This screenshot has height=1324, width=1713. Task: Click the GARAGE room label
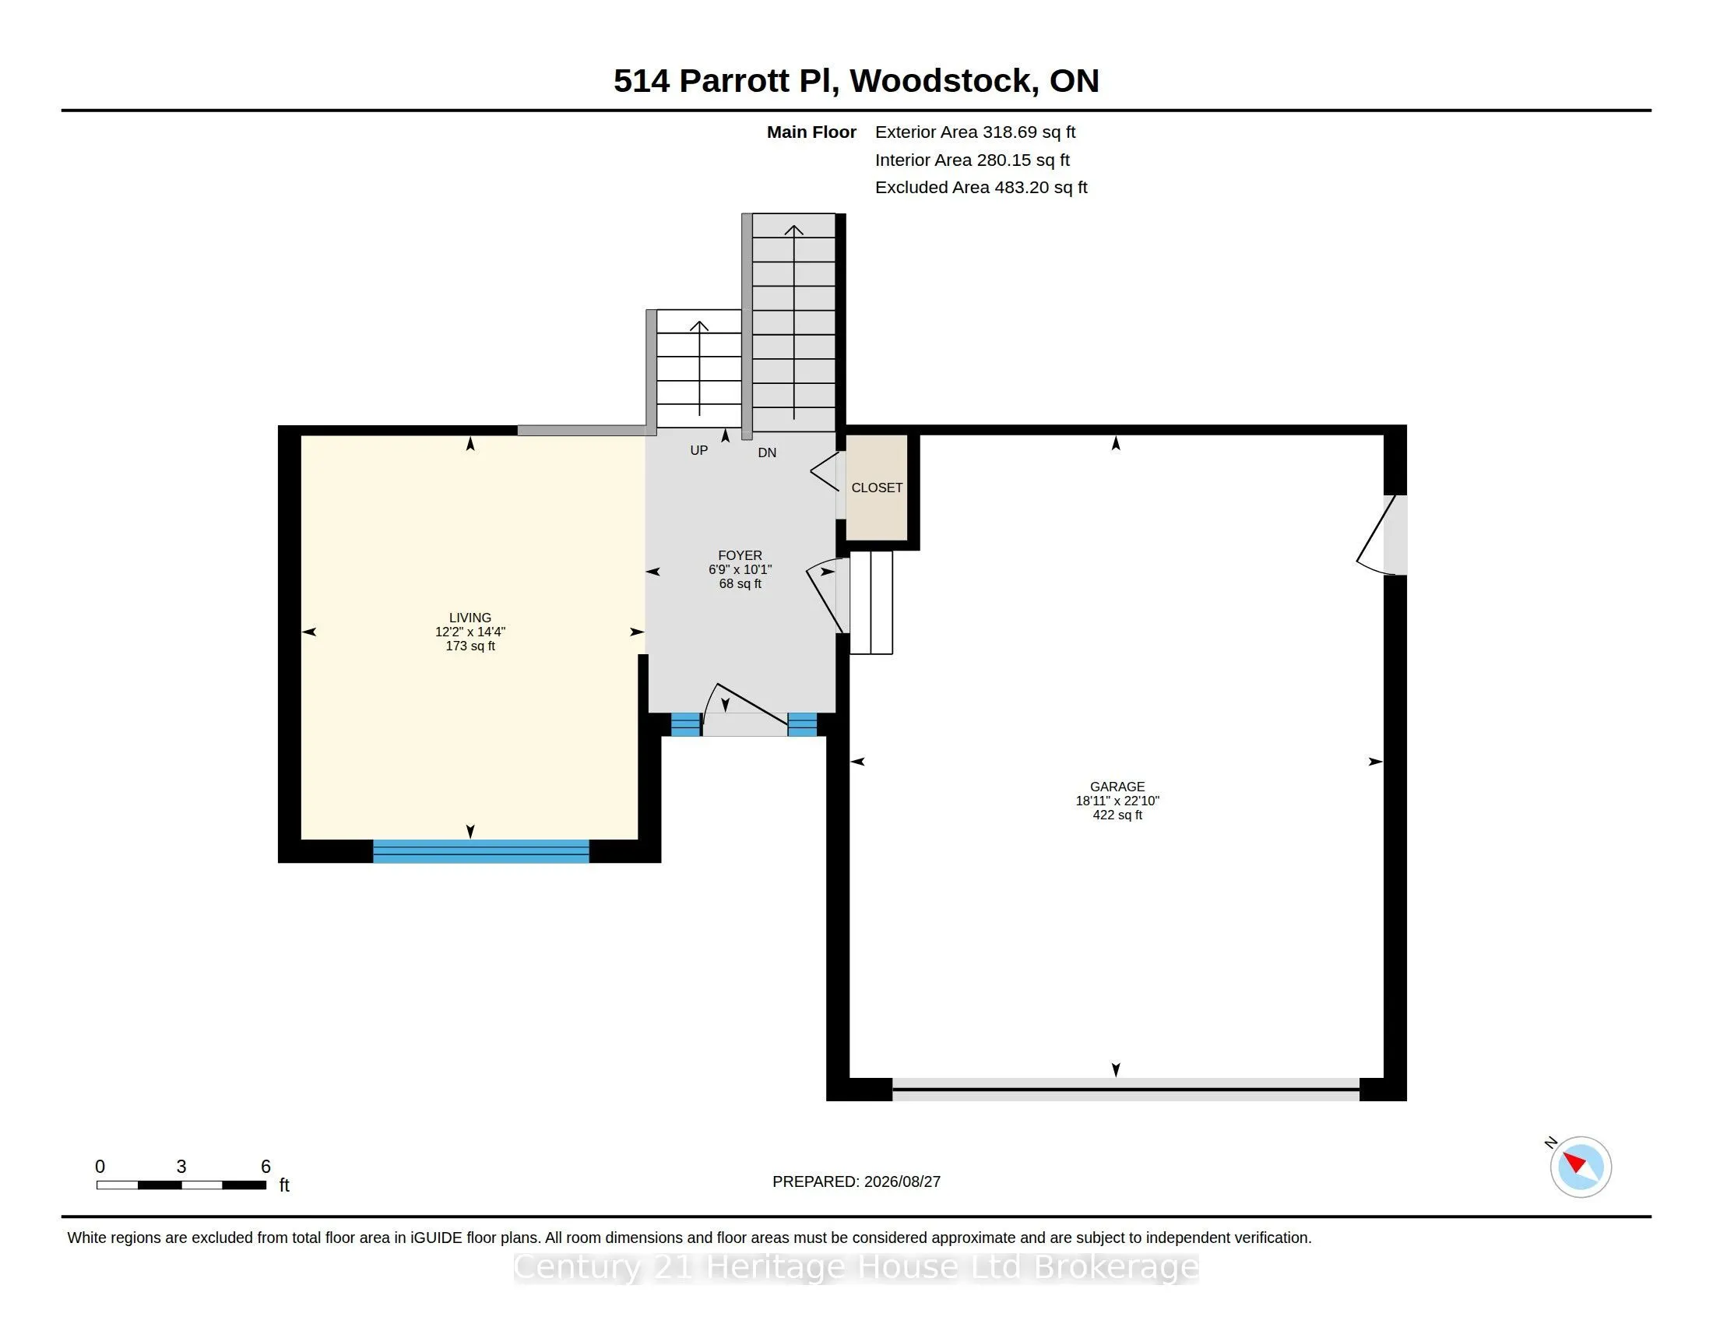[x=1117, y=787]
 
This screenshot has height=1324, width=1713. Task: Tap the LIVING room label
[x=470, y=618]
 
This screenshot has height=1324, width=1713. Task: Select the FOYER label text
[x=740, y=555]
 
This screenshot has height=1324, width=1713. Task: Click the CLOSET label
[x=877, y=488]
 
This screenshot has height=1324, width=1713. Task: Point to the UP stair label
[x=699, y=450]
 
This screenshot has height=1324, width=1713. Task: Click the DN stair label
[x=767, y=452]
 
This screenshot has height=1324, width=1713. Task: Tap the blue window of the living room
[x=480, y=851]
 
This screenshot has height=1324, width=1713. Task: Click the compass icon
[x=1581, y=1167]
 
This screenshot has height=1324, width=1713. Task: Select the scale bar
[x=181, y=1185]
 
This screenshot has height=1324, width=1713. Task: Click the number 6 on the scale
[x=266, y=1167]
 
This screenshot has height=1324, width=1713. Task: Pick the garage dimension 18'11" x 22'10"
[x=1117, y=801]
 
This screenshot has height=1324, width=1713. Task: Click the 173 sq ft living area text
[x=470, y=646]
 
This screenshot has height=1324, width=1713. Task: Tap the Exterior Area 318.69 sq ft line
[x=975, y=132]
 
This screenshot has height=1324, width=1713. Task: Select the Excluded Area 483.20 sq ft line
[x=981, y=188]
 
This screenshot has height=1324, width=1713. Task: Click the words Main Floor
[x=811, y=132]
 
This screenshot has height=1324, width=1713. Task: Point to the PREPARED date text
[x=856, y=1182]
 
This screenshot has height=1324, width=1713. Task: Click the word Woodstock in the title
[x=940, y=81]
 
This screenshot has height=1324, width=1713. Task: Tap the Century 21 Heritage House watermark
[x=856, y=1266]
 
